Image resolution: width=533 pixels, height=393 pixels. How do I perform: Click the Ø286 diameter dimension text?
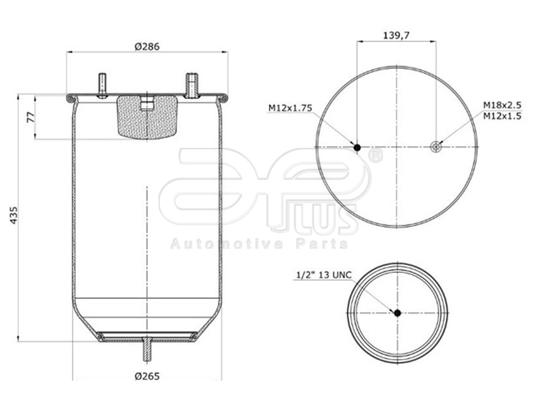(x=147, y=46)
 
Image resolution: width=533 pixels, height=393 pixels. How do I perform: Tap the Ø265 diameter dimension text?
(x=147, y=376)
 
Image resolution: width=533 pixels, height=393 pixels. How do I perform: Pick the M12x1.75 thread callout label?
(x=290, y=108)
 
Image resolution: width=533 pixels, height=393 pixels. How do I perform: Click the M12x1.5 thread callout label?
(x=502, y=116)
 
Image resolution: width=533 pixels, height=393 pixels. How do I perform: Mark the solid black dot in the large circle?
(x=357, y=148)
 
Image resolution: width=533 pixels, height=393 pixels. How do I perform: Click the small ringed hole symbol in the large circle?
(x=436, y=147)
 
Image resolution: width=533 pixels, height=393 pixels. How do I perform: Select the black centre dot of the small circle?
(x=398, y=313)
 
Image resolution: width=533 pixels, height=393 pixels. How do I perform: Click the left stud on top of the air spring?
(x=102, y=85)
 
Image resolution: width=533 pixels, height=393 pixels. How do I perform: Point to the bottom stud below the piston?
(x=147, y=350)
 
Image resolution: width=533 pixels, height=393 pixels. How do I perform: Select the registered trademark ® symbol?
(x=375, y=156)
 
